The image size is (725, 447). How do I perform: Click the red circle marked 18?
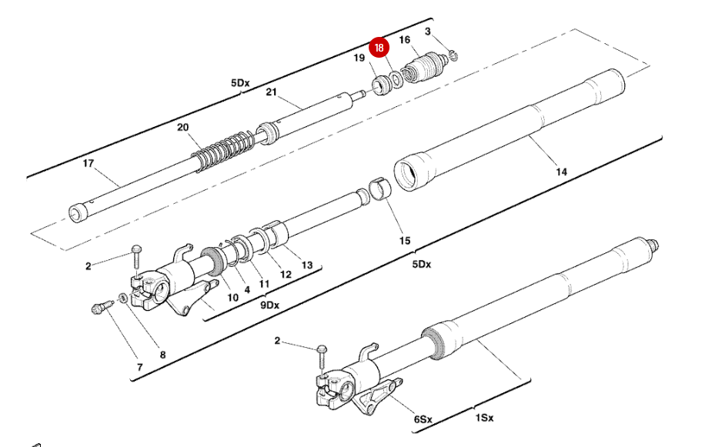pos(378,48)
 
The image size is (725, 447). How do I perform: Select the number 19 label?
pos(359,58)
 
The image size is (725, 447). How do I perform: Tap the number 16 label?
pos(405,40)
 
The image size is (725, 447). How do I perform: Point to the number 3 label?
pos(428,32)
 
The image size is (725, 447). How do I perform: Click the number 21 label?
pos(270,93)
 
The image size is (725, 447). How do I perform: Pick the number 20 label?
pos(182,128)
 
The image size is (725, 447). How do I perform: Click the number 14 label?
pos(561,172)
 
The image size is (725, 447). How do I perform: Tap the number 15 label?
pos(405,241)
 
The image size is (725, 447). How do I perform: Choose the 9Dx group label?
pos(269,305)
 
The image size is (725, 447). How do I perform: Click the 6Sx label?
pos(423,420)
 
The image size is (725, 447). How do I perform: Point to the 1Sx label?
pos(483,418)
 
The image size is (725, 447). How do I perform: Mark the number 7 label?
pos(139,367)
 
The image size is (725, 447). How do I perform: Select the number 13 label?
pos(307,265)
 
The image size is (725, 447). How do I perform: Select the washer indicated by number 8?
pos(123,299)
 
